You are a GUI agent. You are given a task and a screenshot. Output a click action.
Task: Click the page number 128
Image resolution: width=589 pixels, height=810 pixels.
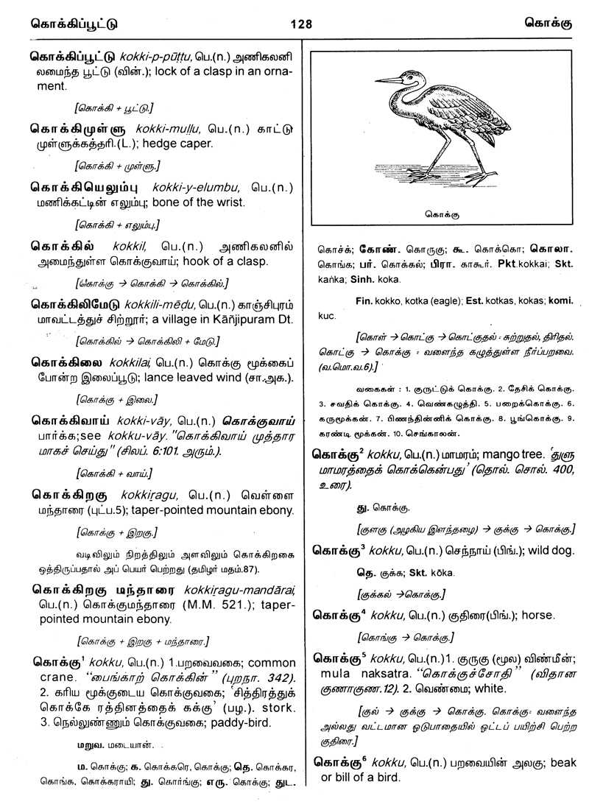pyautogui.click(x=301, y=24)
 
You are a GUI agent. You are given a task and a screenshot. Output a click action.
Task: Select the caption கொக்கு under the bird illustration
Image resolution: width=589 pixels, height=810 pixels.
pyautogui.click(x=447, y=215)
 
